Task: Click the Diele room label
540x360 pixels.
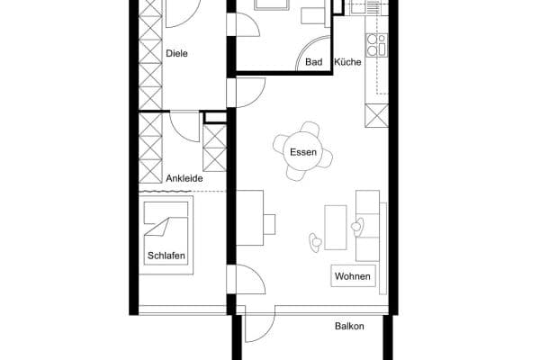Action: coord(176,53)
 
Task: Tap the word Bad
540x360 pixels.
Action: coord(313,62)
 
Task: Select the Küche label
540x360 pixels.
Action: coord(347,62)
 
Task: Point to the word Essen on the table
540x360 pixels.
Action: coord(302,152)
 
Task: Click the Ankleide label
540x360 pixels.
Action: coord(184,178)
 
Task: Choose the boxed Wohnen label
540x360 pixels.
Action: coord(352,276)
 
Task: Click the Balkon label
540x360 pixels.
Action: coord(349,326)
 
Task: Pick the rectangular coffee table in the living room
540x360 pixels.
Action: coord(335,227)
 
